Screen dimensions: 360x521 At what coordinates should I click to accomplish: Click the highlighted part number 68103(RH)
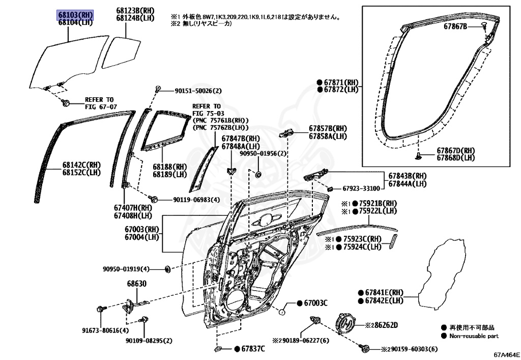click(74, 15)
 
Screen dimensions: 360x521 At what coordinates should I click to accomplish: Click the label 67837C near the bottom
click(253, 348)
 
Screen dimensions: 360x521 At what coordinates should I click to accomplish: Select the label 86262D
click(385, 324)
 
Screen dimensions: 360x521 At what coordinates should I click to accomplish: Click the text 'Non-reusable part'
click(474, 336)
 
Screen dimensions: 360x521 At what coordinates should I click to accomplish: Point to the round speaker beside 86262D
click(346, 324)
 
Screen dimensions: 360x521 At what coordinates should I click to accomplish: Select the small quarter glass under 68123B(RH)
click(122, 52)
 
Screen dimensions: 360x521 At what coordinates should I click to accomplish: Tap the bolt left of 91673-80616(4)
click(100, 309)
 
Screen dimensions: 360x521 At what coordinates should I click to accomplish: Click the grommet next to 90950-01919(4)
click(167, 268)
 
